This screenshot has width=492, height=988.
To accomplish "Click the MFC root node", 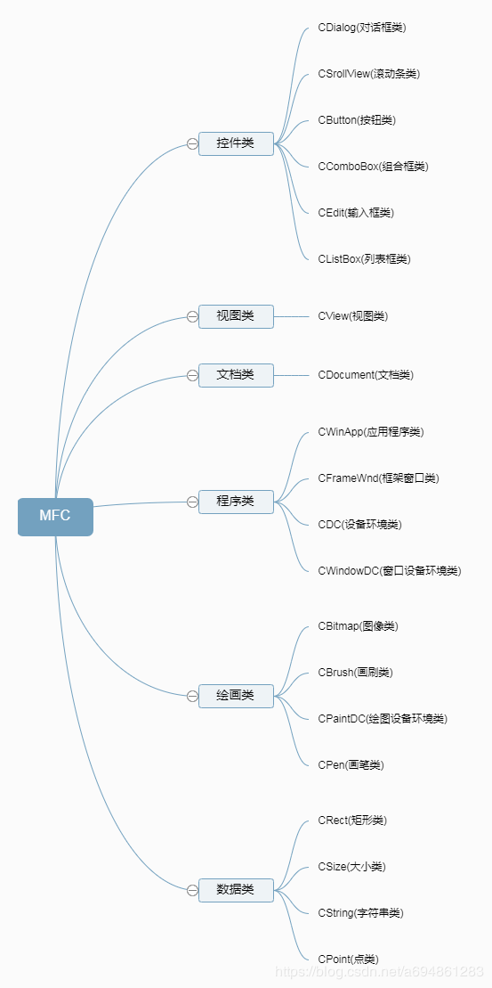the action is [x=55, y=517].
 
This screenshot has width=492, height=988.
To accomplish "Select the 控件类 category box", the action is [x=236, y=143].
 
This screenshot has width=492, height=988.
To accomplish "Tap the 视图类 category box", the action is [x=236, y=316].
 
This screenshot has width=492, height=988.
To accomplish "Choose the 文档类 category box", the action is [x=236, y=375].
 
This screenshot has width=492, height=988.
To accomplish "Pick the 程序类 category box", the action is [x=236, y=502].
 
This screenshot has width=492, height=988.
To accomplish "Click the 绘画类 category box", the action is [x=236, y=696].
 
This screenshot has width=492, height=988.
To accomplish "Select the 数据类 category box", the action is [x=236, y=890].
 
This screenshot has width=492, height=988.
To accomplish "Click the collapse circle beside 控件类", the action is [x=192, y=143].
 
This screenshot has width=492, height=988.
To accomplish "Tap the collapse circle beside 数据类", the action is [x=192, y=890].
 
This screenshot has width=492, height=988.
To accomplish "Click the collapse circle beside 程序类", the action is [x=192, y=502].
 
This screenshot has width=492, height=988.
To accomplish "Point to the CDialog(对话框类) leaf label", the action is [x=362, y=28].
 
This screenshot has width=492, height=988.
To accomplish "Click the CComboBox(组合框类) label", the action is [x=373, y=167].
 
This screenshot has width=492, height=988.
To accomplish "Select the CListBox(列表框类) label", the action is [x=364, y=259].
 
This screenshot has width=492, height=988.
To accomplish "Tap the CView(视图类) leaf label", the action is [x=353, y=316].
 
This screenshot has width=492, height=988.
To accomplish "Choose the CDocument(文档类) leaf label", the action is [x=366, y=375].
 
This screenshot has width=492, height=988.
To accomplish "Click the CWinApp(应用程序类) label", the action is [x=371, y=432].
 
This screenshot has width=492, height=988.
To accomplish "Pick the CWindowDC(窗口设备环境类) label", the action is [x=390, y=571].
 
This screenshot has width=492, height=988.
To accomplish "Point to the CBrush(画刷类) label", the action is [x=356, y=673].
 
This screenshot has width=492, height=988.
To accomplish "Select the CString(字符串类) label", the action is [x=360, y=913].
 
